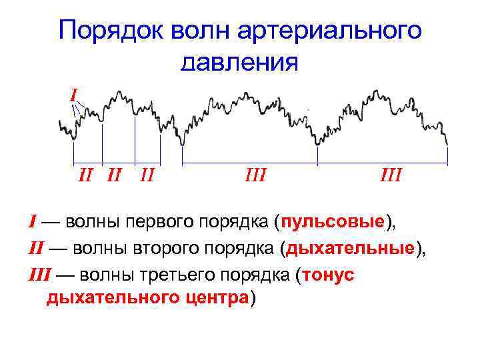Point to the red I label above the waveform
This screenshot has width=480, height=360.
click(x=73, y=94)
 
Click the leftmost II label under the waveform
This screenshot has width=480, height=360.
click(x=85, y=175)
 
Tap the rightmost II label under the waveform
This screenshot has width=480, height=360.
click(x=148, y=175)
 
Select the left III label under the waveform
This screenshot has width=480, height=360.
click(x=255, y=175)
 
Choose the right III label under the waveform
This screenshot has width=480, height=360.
click(x=391, y=175)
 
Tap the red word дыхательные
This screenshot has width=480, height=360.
click(x=350, y=249)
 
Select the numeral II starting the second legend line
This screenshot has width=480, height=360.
click(x=35, y=249)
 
